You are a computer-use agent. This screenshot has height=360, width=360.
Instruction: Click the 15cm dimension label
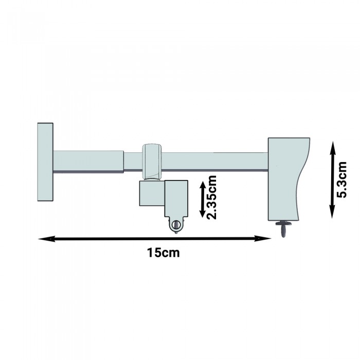coord(163,253)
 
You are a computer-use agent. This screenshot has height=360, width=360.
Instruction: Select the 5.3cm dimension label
coord(341,179)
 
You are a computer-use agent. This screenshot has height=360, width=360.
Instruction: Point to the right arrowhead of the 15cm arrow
coord(263,239)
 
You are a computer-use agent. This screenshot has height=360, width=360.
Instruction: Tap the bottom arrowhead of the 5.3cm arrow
coord(332,211)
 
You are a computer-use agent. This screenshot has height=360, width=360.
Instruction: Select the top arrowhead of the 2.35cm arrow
coord(203,186)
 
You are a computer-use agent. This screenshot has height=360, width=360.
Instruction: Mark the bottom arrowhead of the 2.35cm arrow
coord(202,212)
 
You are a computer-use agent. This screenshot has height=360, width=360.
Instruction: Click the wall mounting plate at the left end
coord(45,162)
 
